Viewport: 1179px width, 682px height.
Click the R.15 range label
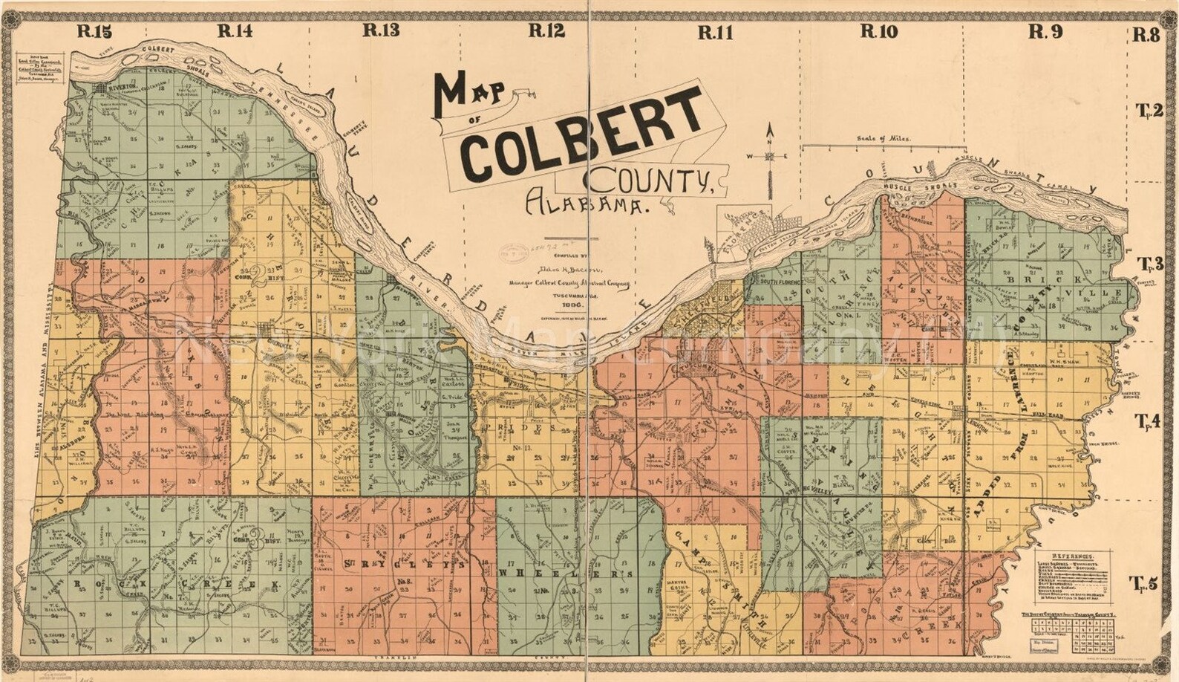pos(93,31)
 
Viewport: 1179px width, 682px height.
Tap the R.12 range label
pos(546,31)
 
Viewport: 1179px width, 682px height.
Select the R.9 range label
pos(1046,31)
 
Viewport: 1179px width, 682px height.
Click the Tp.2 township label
pos(1148,111)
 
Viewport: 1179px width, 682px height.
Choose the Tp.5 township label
pos(1143,583)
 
